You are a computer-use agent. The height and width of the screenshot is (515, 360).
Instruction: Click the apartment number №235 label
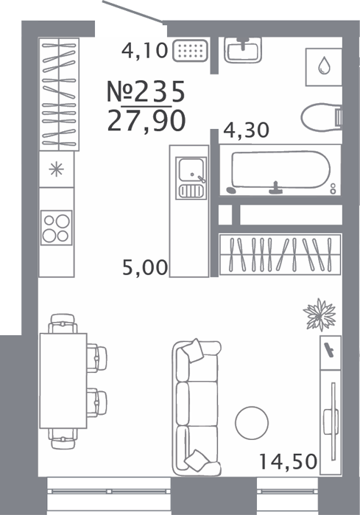[x=146, y=91]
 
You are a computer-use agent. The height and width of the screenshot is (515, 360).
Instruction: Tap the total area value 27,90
[x=147, y=121]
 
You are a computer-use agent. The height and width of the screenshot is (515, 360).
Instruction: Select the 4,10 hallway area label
[x=144, y=51]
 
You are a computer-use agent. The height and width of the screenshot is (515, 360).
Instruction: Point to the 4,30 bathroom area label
[x=246, y=130]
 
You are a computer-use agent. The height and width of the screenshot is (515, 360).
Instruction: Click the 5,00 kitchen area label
[x=145, y=267]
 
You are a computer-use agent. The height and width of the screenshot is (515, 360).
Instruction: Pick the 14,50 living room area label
[x=288, y=461]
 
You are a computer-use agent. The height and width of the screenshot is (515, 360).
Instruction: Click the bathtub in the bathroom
[x=280, y=170]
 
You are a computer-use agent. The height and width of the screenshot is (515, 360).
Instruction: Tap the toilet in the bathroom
[x=322, y=117]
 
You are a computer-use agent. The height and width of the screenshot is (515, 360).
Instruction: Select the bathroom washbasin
[x=243, y=49]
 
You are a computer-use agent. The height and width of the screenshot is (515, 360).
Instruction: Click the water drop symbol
[x=324, y=66]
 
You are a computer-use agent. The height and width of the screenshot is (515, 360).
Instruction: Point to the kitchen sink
[x=191, y=178]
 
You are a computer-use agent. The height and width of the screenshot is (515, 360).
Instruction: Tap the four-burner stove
[x=56, y=228]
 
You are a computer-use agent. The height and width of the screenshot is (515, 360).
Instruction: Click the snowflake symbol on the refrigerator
[x=56, y=169]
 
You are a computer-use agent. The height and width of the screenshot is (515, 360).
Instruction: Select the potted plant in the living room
[x=320, y=315]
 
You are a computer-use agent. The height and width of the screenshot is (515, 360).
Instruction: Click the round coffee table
[x=252, y=423]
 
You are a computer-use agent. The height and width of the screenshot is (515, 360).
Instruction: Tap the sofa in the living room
[x=197, y=407]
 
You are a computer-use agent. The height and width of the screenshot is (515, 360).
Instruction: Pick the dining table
[x=63, y=381]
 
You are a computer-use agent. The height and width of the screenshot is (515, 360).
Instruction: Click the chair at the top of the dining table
[x=63, y=323]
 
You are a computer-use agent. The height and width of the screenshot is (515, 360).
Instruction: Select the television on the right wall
[x=332, y=422]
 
